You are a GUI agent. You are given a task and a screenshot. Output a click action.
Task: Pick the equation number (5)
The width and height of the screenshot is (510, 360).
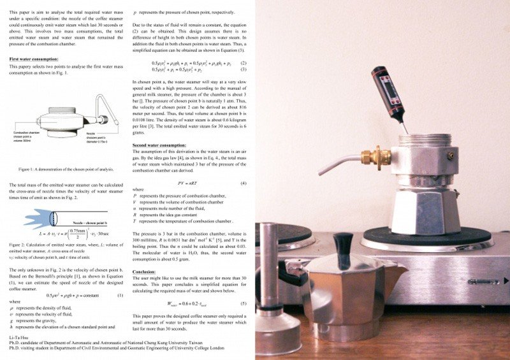(x=243, y=303)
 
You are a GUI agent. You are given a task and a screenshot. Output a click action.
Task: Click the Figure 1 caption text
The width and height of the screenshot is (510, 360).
(x=66, y=169)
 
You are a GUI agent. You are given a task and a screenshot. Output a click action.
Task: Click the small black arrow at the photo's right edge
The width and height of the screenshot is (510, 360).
(x=506, y=280)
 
